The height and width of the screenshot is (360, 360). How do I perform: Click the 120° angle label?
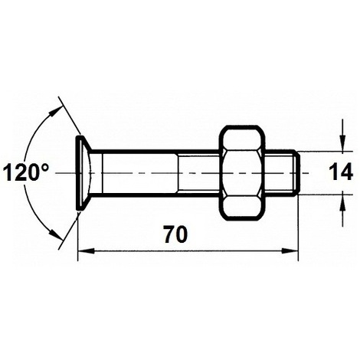click(x=25, y=172)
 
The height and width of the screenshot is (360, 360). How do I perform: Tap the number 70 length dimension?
click(x=175, y=234)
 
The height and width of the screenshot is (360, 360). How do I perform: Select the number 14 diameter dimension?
click(x=341, y=172)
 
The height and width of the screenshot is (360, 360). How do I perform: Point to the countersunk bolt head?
click(x=84, y=173)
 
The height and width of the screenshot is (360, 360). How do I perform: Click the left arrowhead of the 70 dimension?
click(x=87, y=251)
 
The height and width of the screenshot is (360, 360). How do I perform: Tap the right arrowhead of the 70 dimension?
click(x=290, y=251)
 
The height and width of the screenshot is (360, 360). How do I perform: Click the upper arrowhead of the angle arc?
click(x=56, y=112)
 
